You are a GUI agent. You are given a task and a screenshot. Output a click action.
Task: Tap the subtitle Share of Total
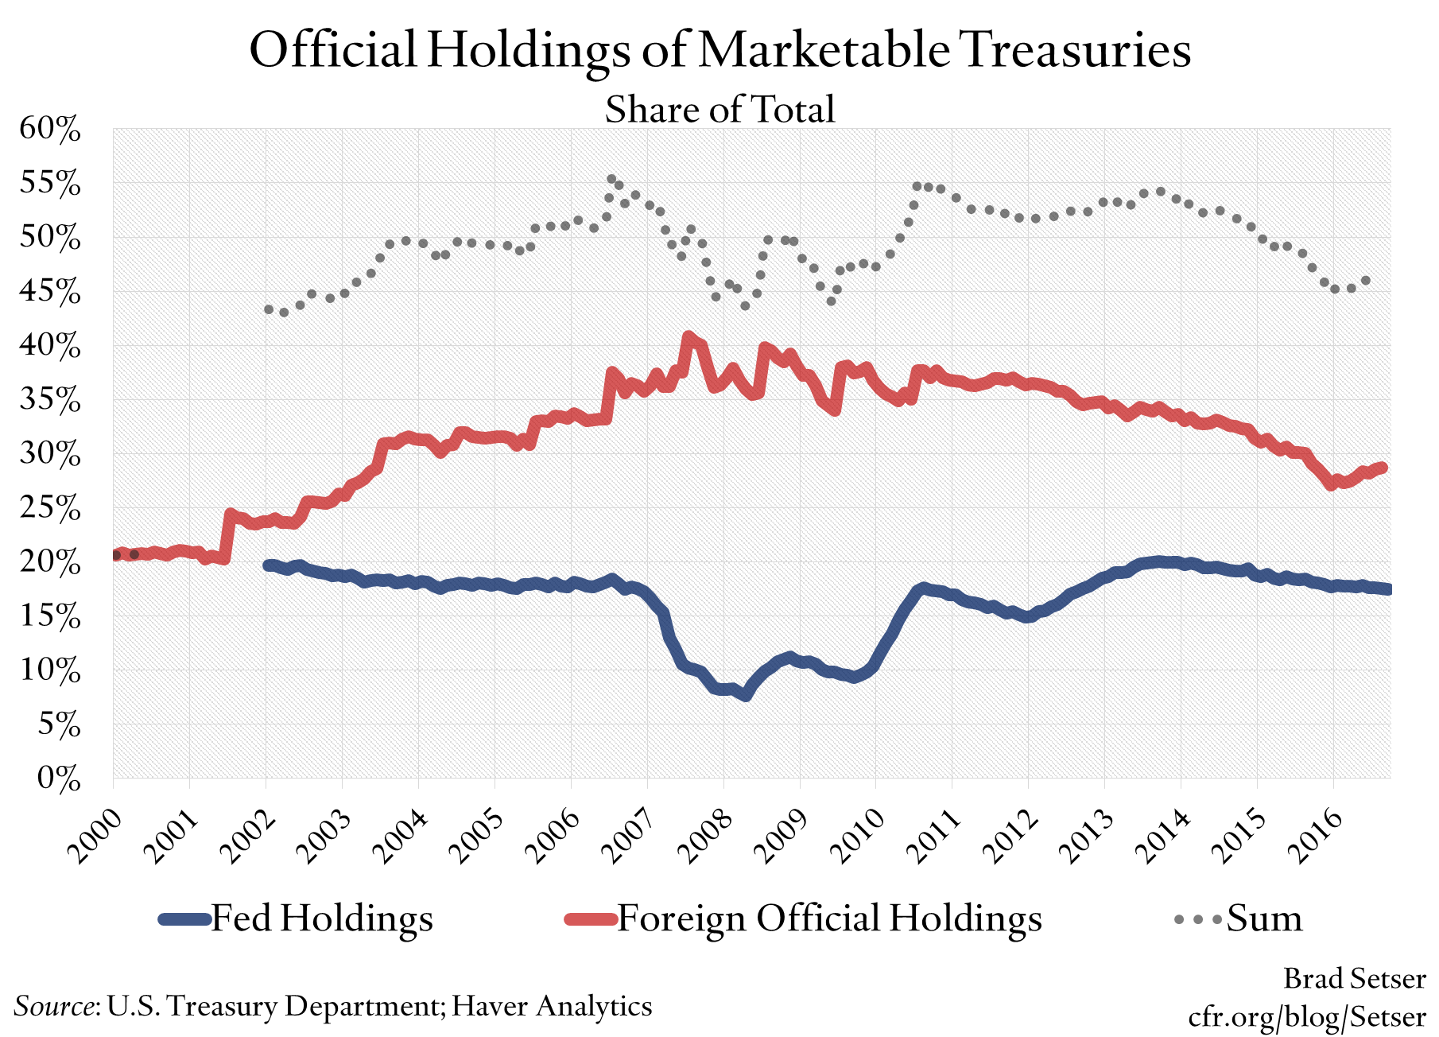pos(719,109)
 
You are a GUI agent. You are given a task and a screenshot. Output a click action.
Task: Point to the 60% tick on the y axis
pos(50,129)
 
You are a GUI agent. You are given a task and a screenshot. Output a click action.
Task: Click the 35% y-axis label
pos(50,400)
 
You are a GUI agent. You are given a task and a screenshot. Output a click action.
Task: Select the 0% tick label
pos(59,778)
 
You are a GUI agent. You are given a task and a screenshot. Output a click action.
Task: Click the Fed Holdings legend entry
pos(297,919)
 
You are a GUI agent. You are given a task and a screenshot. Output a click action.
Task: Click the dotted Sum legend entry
pos(1239,919)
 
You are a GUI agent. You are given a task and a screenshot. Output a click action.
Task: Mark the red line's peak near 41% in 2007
pos(689,337)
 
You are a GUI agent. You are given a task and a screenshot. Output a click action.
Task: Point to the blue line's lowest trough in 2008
pos(745,695)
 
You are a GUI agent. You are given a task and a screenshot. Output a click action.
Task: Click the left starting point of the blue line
pos(268,565)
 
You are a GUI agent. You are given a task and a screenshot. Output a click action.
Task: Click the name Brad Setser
pos(1354,978)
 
